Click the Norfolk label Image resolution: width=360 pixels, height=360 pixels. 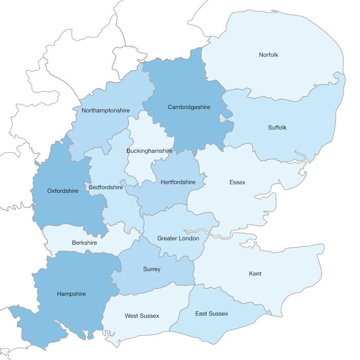(x=268, y=55)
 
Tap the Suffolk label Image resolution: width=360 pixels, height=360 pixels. (x=277, y=127)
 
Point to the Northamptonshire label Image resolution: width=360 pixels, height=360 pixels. (x=105, y=110)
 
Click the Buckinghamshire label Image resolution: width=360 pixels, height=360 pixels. (x=149, y=151)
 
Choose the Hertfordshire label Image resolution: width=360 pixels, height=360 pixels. (x=178, y=182)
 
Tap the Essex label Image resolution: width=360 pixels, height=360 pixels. (x=238, y=182)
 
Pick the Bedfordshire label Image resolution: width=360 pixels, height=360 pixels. (x=106, y=187)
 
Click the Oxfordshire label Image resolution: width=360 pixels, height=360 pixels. (x=63, y=191)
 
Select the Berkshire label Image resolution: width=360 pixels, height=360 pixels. (x=84, y=243)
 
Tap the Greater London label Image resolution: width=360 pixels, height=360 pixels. (x=178, y=238)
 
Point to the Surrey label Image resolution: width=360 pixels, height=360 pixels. (x=152, y=269)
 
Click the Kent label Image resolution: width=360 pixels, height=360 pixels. (x=255, y=274)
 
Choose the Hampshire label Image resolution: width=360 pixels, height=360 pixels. (x=71, y=294)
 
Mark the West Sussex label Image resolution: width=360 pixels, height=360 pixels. (x=142, y=315)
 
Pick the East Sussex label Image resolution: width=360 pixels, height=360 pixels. (x=211, y=313)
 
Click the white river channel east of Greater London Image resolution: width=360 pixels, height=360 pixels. (x=221, y=236)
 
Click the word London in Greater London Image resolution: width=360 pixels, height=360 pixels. (x=188, y=238)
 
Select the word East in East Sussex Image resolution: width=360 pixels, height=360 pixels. (x=201, y=313)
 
